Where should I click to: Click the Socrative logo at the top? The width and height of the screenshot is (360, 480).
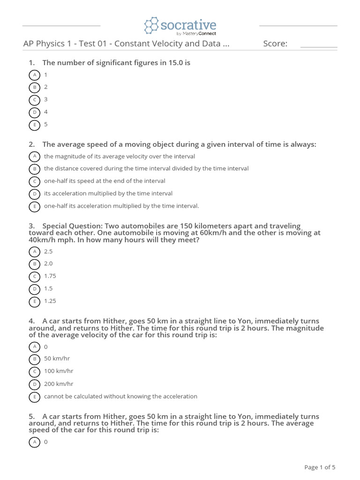point(180,26)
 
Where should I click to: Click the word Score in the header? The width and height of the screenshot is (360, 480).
point(275,44)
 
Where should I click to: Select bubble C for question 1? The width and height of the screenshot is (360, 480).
point(34,100)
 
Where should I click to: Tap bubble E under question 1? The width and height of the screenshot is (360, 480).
point(34,125)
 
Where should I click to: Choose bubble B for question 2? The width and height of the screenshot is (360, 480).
point(34,169)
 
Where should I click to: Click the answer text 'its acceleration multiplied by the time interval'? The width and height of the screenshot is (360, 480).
point(108,193)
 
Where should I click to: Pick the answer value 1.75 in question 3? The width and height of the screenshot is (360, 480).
point(50,276)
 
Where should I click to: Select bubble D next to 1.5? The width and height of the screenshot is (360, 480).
point(34,289)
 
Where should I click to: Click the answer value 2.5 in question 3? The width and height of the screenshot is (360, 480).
point(48,251)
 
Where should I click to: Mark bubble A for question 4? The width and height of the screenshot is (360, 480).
point(34,347)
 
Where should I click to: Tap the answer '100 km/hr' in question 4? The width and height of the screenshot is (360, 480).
point(59,371)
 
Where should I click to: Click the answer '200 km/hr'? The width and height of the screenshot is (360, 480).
point(59,383)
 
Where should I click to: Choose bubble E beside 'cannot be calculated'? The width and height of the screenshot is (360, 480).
point(34,397)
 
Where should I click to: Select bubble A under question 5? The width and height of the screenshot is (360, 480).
point(34,442)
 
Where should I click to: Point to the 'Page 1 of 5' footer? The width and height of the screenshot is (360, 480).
point(320,467)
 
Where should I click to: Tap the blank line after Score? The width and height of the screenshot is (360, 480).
point(318,47)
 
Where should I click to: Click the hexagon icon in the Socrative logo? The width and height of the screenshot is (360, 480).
point(151,26)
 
